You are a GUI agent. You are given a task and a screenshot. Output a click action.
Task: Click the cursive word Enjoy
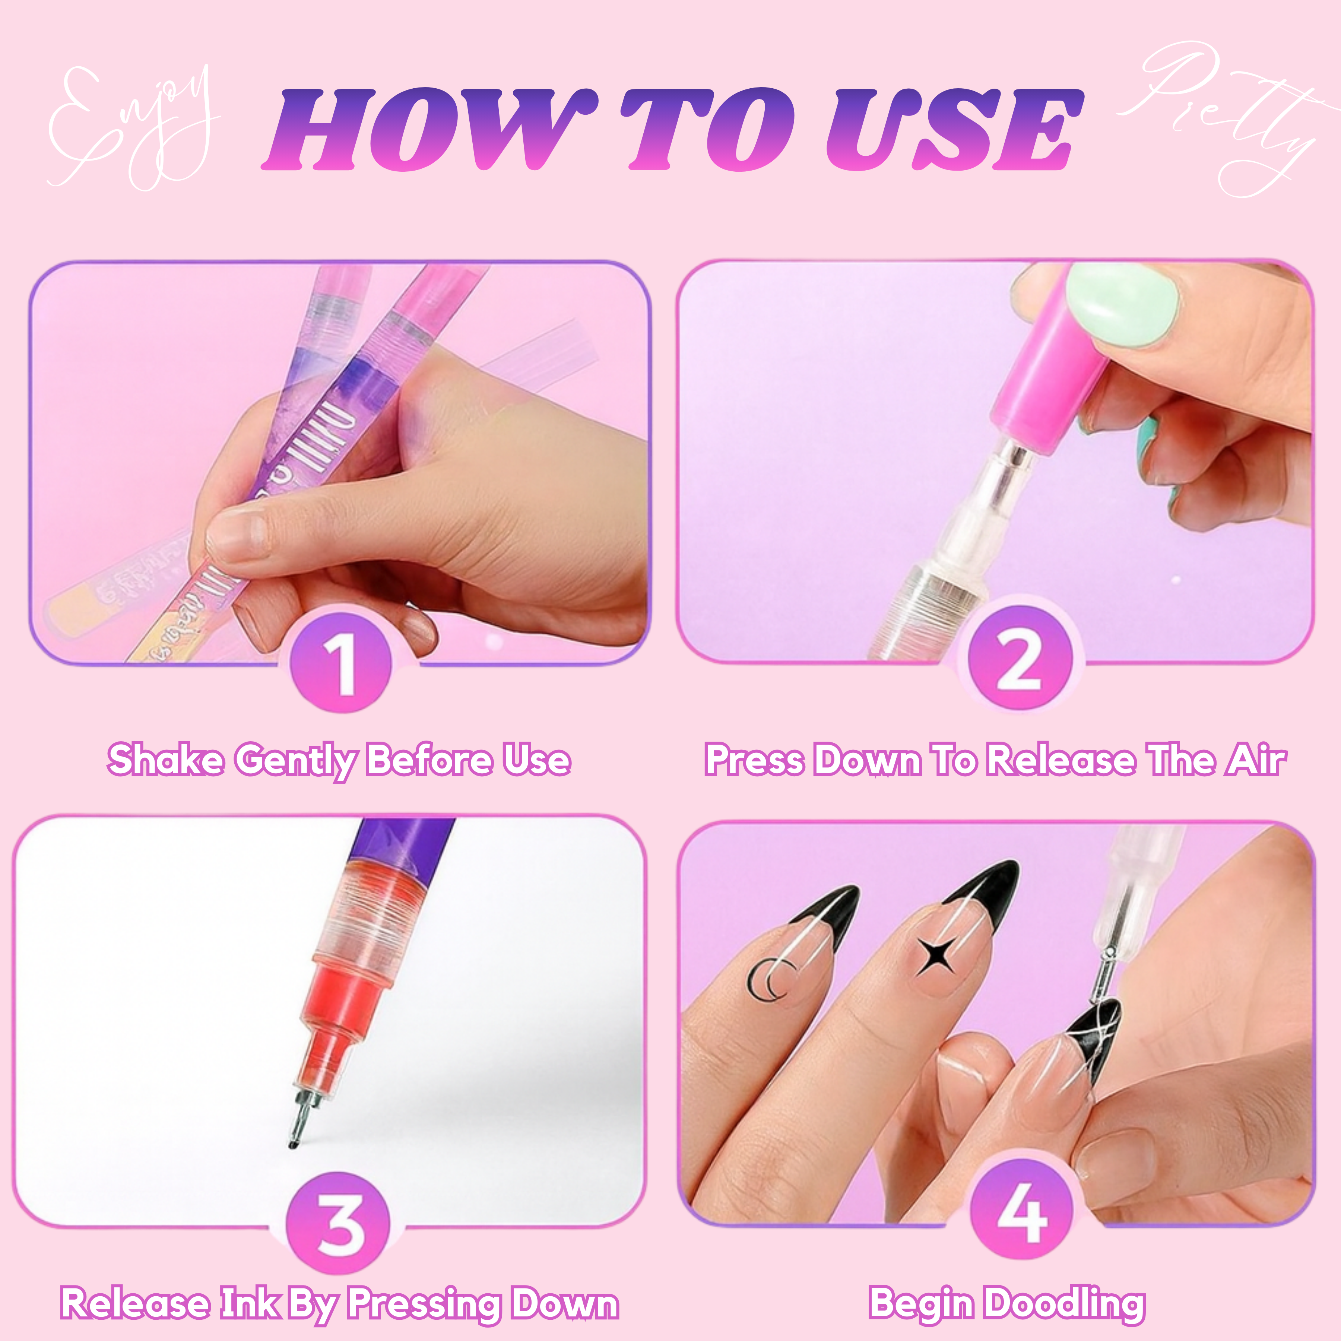pos(132,129)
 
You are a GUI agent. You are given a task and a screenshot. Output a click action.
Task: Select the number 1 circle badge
pos(340,663)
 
